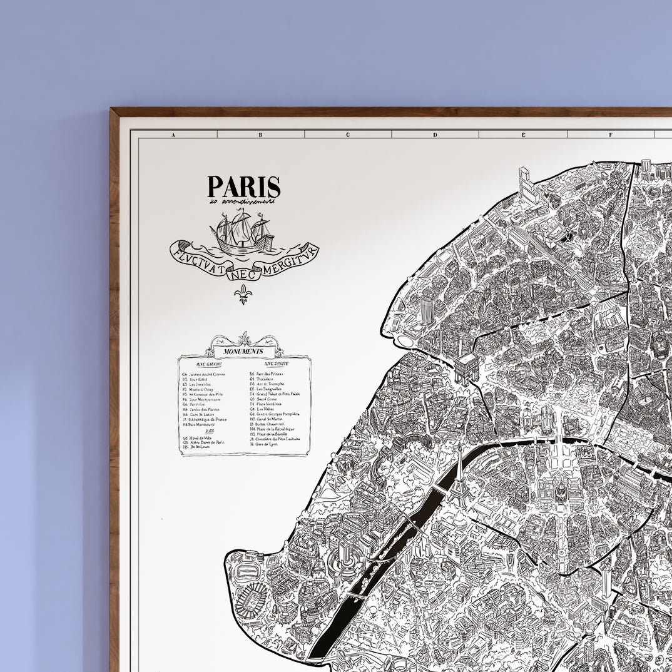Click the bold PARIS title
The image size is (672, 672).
244,187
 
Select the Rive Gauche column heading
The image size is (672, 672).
209,364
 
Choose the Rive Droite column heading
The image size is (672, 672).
276,364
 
